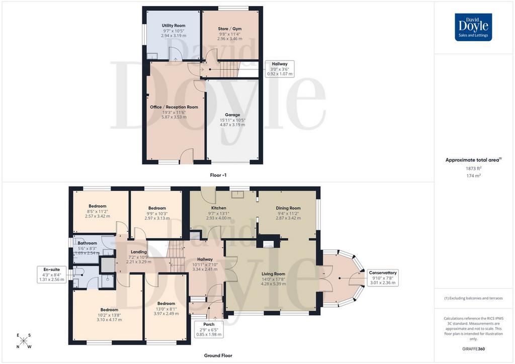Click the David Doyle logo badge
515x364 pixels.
[473, 27]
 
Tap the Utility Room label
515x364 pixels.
[174, 25]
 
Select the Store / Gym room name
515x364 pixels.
[229, 29]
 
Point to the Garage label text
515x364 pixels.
[232, 115]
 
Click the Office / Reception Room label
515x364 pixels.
[174, 107]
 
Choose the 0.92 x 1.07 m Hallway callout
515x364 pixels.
[280, 69]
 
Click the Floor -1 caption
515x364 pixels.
[218, 175]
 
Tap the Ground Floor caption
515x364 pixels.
[218, 355]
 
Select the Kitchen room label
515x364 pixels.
[219, 208]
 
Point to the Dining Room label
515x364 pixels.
[288, 208]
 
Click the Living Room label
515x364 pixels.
[273, 274]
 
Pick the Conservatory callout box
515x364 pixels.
[383, 278]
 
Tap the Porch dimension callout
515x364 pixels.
[209, 329]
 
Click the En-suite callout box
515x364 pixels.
[52, 275]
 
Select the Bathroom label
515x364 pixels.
[88, 243]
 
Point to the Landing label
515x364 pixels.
[139, 252]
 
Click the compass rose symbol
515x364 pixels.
[23, 341]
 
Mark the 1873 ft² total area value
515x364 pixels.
[473, 168]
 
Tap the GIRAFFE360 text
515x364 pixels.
[473, 349]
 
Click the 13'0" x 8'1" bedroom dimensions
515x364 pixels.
[166, 309]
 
